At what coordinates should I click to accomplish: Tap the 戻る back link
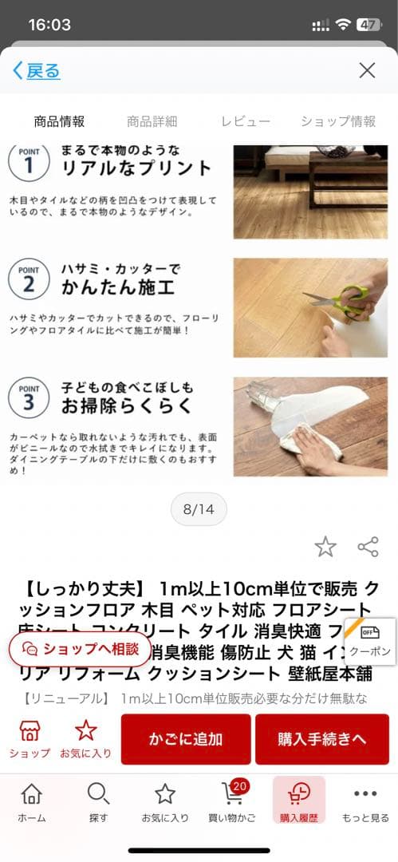pos(37,70)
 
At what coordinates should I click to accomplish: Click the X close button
pos(367,70)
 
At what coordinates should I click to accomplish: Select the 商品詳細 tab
pos(152,121)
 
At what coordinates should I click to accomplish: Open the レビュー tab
pos(246,121)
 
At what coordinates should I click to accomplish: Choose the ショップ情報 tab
pos(338,121)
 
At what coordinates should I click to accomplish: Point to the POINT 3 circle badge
pos(28,397)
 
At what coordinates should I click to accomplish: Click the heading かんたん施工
pos(117,287)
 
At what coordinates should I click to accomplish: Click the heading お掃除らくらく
pos(127,405)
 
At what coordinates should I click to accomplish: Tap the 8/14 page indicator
pos(199,509)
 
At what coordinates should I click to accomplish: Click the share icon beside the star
pos(368,547)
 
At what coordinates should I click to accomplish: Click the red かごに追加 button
pos(186,739)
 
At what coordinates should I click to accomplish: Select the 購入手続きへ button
pos(321,739)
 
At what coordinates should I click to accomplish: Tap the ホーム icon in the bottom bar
pos(31,801)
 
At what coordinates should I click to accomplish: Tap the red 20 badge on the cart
pos(239,786)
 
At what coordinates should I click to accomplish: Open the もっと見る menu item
pos(365,801)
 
